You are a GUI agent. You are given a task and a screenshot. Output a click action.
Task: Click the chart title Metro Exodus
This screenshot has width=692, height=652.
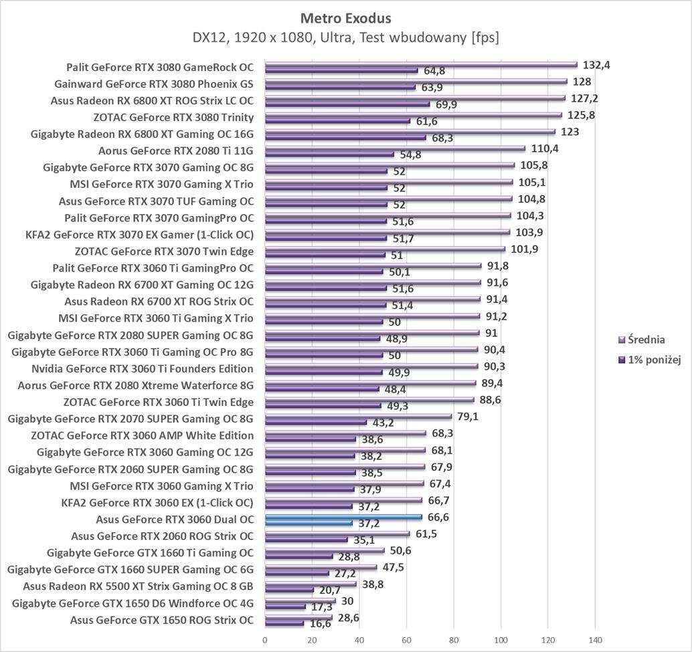click(346, 18)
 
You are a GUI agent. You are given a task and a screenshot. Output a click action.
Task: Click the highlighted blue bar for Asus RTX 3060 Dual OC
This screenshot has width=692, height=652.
click(343, 516)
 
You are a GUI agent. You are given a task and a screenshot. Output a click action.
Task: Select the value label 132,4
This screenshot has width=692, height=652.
click(596, 65)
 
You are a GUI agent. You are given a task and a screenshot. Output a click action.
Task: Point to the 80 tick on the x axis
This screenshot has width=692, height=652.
click(454, 639)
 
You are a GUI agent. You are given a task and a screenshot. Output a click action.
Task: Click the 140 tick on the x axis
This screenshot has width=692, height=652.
click(594, 639)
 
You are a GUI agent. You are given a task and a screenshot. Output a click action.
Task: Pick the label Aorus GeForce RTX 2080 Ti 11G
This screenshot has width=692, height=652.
click(176, 150)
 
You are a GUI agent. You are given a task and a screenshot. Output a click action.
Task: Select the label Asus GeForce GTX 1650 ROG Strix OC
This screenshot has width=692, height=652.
click(162, 620)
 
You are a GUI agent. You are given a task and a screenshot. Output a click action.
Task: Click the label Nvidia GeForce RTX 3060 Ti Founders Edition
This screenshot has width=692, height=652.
click(143, 368)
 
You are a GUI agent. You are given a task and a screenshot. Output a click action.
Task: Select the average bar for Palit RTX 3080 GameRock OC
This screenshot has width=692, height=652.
click(421, 65)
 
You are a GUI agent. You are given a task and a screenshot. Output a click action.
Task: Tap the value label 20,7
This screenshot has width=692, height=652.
click(329, 590)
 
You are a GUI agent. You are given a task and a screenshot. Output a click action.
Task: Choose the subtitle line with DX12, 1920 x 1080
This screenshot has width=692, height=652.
click(346, 38)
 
